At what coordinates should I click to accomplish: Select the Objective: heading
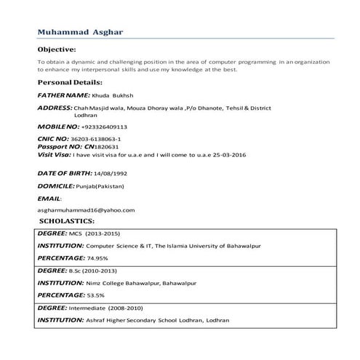pyautogui.click(x=57, y=49)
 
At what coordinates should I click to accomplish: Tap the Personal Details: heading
pyautogui.click(x=70, y=83)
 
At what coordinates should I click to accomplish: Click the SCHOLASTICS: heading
pyautogui.click(x=68, y=220)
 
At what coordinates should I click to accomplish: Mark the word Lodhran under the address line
pyautogui.click(x=86, y=115)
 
